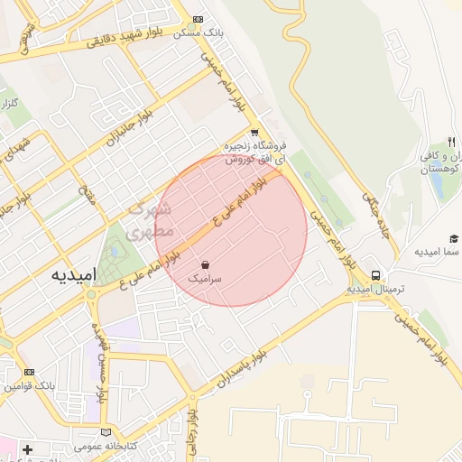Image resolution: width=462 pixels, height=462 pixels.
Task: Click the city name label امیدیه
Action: point(69,273)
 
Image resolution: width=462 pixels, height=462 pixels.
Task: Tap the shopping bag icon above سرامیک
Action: point(207,265)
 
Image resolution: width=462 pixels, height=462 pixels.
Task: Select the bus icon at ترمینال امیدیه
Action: point(375,275)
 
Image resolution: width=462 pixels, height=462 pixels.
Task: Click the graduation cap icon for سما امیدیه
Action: point(454,237)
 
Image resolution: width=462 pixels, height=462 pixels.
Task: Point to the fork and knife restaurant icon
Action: point(451,142)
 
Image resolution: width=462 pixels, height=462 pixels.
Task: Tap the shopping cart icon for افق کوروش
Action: point(255,132)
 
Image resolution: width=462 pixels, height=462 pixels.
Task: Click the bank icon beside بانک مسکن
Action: point(199,20)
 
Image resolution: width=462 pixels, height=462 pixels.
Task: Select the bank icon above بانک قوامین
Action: point(29,372)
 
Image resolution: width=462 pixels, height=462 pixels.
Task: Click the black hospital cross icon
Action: point(27,448)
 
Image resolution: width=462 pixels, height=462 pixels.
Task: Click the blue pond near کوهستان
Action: point(438,183)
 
